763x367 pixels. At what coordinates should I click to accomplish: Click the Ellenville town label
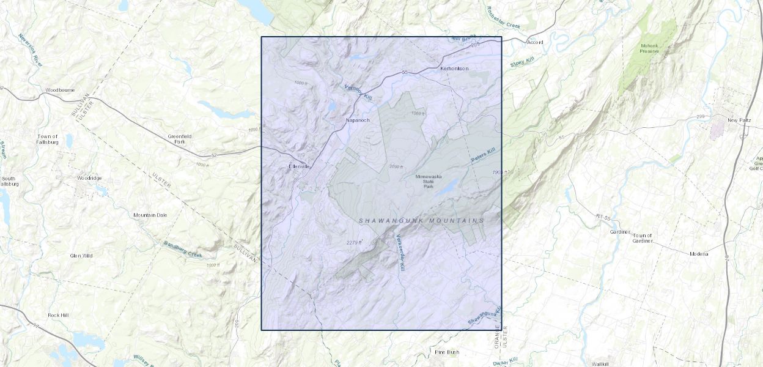click(x=300, y=166)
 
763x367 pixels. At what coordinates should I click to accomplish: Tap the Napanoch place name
click(x=358, y=120)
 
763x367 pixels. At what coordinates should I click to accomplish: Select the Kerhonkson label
click(x=454, y=69)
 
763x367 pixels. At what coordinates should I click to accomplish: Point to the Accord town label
click(x=535, y=42)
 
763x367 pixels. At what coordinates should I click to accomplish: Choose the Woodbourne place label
click(x=60, y=90)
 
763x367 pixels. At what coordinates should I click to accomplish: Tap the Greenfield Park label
click(x=180, y=139)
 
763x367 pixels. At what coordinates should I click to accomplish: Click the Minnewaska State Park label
click(x=429, y=181)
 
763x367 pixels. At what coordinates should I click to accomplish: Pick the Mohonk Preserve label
click(x=649, y=48)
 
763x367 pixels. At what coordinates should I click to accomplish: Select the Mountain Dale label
click(x=150, y=215)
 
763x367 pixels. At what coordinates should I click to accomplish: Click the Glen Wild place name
click(x=81, y=256)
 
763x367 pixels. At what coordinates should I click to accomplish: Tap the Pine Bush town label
click(x=446, y=352)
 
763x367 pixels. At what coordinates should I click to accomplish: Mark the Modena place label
click(x=699, y=253)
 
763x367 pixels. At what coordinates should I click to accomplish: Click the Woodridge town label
click(x=90, y=178)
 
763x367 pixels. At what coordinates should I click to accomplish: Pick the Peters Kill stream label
click(x=487, y=155)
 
